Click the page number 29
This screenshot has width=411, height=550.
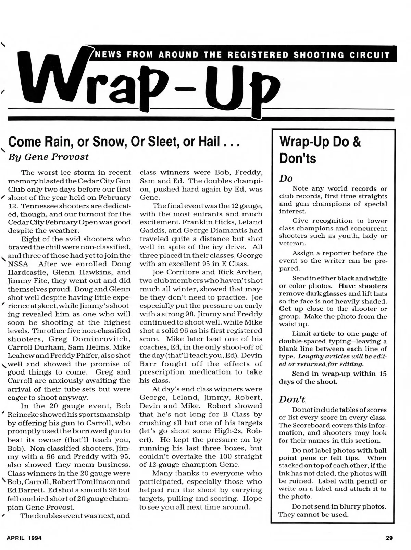(x=389, y=538)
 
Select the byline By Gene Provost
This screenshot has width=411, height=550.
(x=48, y=157)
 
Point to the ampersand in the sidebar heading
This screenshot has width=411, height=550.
(x=356, y=142)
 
